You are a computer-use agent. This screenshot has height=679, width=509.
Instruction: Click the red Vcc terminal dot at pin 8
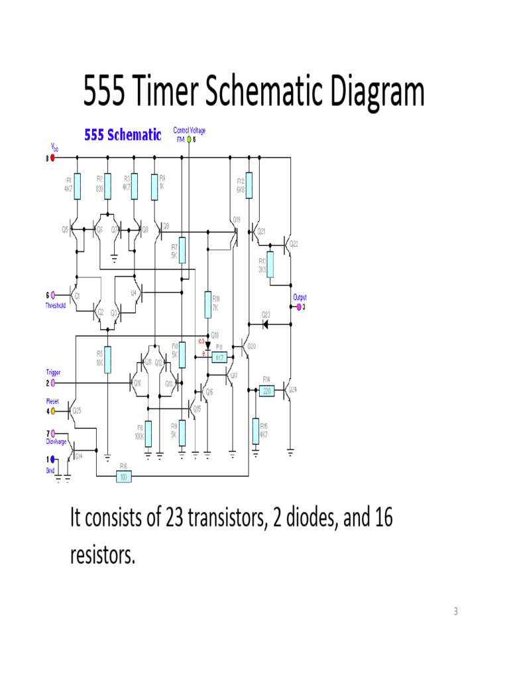[x=54, y=158]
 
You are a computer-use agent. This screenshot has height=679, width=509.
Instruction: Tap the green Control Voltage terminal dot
[x=189, y=140]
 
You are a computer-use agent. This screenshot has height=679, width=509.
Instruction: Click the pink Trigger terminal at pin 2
[x=54, y=383]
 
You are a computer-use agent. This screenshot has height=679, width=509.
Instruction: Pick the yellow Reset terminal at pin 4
[x=54, y=411]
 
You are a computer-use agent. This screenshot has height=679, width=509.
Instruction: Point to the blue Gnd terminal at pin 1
[x=54, y=459]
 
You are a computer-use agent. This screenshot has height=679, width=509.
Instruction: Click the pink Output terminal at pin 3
[x=299, y=307]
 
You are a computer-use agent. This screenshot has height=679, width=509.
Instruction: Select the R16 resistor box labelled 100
[x=123, y=476]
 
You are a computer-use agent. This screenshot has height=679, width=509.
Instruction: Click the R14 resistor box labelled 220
[x=267, y=391]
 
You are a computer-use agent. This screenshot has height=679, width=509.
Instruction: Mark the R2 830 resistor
[x=107, y=186]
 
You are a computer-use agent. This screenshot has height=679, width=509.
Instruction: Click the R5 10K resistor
[x=107, y=360]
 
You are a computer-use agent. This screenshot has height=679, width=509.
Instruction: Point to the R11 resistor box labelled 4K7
[x=219, y=357]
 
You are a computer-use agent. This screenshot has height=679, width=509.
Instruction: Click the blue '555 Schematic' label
[x=122, y=135]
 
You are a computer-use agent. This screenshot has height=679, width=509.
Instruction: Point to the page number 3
[x=455, y=611]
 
